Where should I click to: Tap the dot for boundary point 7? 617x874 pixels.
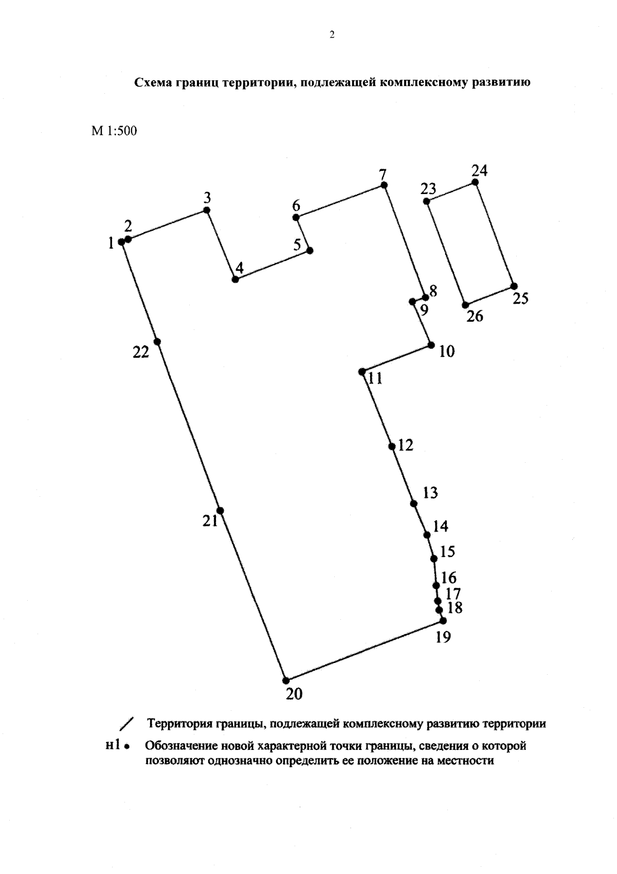click(x=384, y=185)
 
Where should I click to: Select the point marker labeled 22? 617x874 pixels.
click(x=157, y=342)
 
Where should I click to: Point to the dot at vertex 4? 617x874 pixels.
click(x=235, y=279)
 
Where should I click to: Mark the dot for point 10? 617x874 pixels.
click(x=431, y=345)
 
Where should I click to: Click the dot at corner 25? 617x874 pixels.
click(x=514, y=286)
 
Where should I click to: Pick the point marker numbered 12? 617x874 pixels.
click(x=392, y=446)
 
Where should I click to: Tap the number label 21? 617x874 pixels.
click(x=210, y=521)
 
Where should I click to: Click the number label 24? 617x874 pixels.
click(x=479, y=170)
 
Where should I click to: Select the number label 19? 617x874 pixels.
click(x=443, y=637)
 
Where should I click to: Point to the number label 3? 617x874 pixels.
click(x=207, y=198)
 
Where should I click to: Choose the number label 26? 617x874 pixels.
click(x=475, y=316)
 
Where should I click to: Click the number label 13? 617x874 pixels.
click(x=430, y=493)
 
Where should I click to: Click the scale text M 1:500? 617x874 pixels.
click(x=114, y=131)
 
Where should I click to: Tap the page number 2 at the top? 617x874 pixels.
click(x=332, y=35)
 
